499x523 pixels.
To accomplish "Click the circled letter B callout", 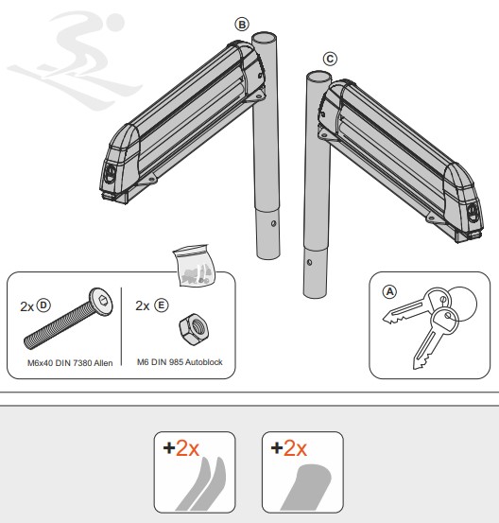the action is pyautogui.click(x=242, y=25).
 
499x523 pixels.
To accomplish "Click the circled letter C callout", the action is pyautogui.click(x=330, y=59).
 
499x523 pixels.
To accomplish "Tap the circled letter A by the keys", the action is pyautogui.click(x=389, y=292).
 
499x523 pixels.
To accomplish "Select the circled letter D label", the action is pyautogui.click(x=43, y=305).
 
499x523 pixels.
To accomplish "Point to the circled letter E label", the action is pyautogui.click(x=162, y=305).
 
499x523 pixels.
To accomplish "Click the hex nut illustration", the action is pyautogui.click(x=194, y=329).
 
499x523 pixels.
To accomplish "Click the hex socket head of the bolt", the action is pyautogui.click(x=102, y=300).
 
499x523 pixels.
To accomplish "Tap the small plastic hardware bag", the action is pyautogui.click(x=194, y=266).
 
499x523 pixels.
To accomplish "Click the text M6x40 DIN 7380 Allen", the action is pyautogui.click(x=70, y=363).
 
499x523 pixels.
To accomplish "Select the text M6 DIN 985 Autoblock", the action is pyautogui.click(x=180, y=362).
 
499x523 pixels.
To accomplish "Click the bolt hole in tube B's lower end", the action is pyautogui.click(x=273, y=224).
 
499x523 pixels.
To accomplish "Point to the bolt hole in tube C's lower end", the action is pyautogui.click(x=309, y=263).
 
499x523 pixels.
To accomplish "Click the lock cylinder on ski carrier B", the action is pyautogui.click(x=111, y=173).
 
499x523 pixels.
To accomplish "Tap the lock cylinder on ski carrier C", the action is pyautogui.click(x=473, y=212).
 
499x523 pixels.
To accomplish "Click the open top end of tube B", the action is pyautogui.click(x=264, y=36).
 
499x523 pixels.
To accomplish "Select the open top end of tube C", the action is pyautogui.click(x=318, y=76).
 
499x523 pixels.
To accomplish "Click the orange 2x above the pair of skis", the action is pyautogui.click(x=187, y=448).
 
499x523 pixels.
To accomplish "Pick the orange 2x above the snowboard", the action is pyautogui.click(x=295, y=448).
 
